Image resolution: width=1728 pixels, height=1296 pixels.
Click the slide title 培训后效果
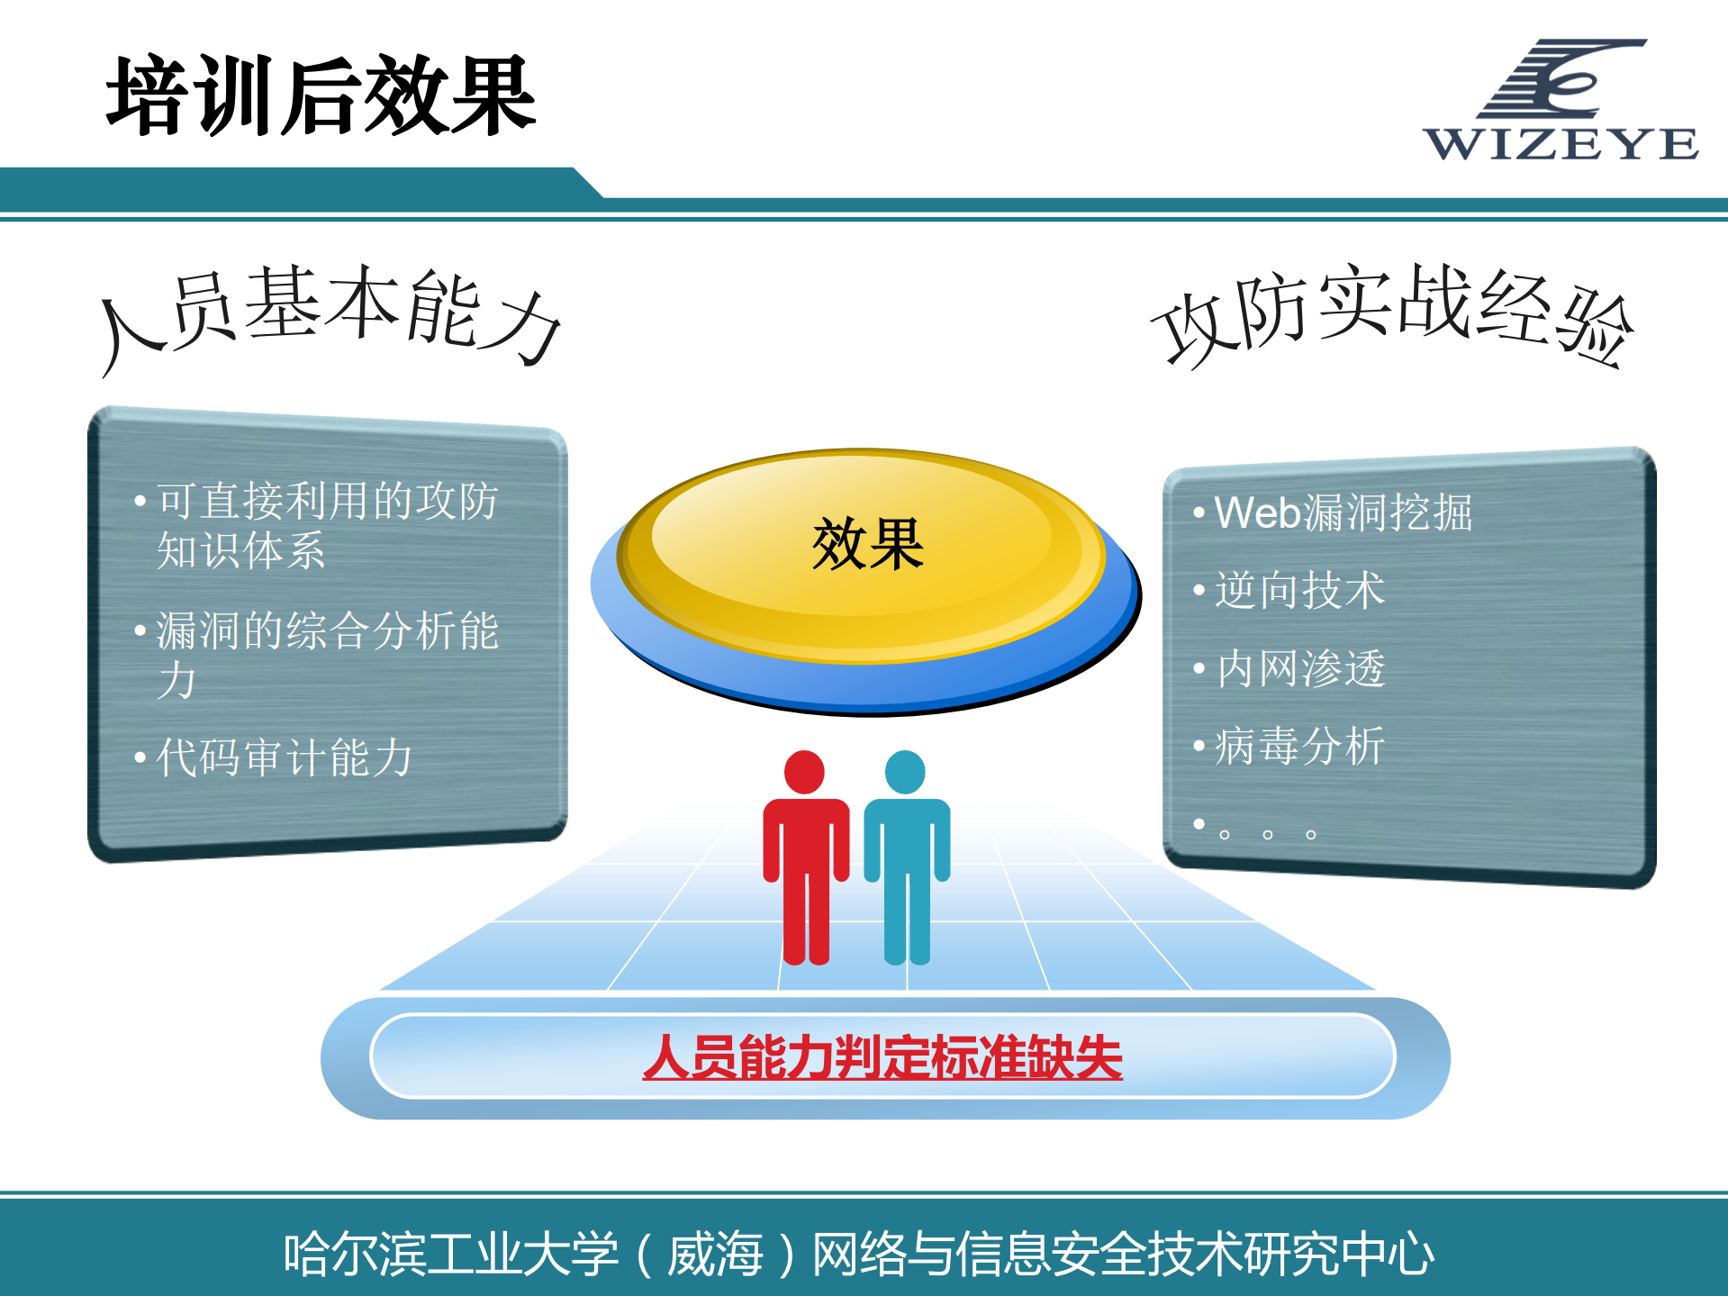pos(321,95)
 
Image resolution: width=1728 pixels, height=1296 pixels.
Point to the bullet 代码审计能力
pos(284,757)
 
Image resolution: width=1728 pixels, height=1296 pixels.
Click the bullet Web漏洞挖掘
pos(1343,513)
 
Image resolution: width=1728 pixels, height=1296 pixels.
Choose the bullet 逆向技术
pos(1299,591)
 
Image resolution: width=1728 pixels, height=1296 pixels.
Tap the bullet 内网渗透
pos(1300,669)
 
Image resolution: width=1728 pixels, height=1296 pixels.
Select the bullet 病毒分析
pos(1299,747)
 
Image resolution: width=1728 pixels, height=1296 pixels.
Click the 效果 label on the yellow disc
pos(867,545)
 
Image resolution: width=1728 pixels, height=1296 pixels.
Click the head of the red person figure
pos(804,772)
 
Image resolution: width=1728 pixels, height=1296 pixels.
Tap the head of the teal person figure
pos(905,772)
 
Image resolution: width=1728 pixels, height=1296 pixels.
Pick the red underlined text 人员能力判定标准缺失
pos(882,1057)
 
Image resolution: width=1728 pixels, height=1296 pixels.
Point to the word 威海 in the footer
pos(715,1254)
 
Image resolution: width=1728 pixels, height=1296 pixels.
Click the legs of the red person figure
pos(806,919)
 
